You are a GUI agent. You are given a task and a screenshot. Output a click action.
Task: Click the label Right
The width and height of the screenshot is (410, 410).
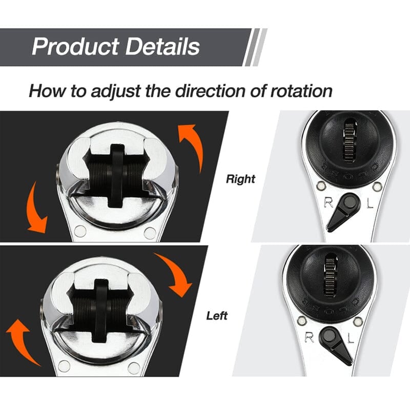240,179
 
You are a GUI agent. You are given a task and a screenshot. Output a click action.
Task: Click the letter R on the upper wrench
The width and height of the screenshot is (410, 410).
328,202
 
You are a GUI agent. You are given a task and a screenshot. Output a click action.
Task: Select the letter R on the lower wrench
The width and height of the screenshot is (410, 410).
310,337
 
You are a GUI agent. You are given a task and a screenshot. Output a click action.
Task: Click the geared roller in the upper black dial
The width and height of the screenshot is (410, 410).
351,141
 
